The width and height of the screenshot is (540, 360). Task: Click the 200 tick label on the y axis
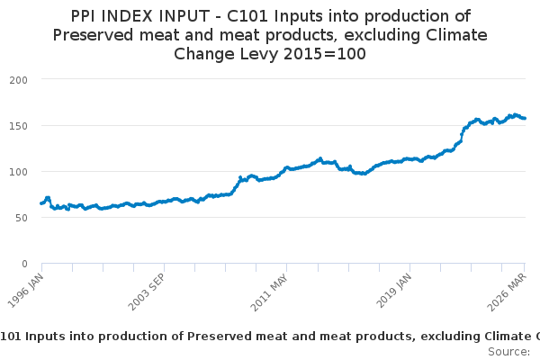click(x=18, y=80)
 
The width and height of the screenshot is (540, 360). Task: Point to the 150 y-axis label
click(x=18, y=126)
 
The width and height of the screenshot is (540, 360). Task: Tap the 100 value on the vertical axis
click(x=18, y=172)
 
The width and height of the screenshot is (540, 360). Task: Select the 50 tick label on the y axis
click(x=22, y=218)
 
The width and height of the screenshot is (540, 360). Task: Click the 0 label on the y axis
click(x=24, y=264)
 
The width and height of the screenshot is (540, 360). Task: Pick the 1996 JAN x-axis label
click(x=25, y=291)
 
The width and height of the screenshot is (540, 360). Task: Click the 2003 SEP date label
click(x=147, y=292)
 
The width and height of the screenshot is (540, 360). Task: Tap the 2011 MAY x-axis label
click(x=269, y=292)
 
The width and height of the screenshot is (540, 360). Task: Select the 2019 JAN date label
click(x=393, y=291)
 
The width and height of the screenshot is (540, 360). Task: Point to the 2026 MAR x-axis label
click(x=507, y=292)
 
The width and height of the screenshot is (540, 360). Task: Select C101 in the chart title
click(x=247, y=16)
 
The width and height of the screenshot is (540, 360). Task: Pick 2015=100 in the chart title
click(x=324, y=54)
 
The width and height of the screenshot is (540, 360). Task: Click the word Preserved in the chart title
click(x=93, y=35)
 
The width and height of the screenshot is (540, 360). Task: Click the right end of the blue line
click(x=525, y=118)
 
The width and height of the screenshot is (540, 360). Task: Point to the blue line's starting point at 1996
click(x=41, y=203)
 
